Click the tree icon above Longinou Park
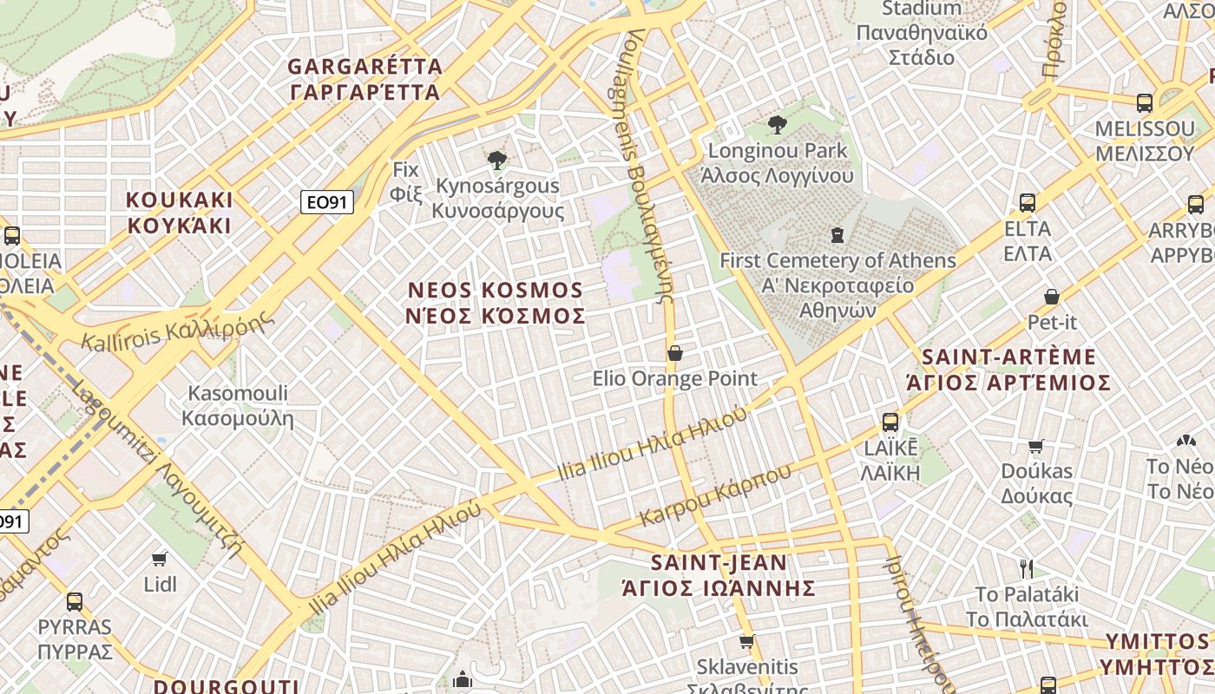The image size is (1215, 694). (778, 125)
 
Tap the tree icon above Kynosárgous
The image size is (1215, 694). (497, 160)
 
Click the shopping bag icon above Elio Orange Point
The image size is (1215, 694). (674, 353)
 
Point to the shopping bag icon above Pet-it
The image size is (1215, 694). (1052, 297)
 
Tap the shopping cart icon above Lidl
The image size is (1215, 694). (160, 559)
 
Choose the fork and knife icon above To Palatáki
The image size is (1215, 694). (1027, 569)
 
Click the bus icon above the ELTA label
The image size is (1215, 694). (1028, 203)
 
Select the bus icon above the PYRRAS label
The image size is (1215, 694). (75, 601)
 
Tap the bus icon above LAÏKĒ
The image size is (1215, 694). (890, 422)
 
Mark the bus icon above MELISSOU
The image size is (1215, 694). (1145, 103)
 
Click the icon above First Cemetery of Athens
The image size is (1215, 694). (837, 234)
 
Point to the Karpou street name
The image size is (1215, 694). (716, 494)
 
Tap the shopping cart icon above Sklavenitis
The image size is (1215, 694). (746, 642)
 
